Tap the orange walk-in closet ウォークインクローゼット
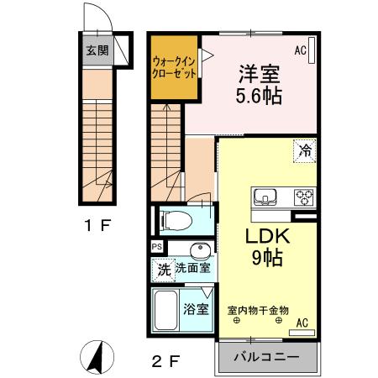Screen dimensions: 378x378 (x=175, y=66)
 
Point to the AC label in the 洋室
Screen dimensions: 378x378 (x=300, y=50)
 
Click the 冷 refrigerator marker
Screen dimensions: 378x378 (x=306, y=151)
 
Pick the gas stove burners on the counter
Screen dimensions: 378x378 (x=302, y=197)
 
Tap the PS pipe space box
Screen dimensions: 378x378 (x=157, y=246)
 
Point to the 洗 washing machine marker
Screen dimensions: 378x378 (x=165, y=269)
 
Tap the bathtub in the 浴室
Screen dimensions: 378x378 (x=166, y=312)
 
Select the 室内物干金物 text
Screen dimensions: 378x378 (x=259, y=309)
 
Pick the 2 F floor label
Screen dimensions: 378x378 (x=166, y=362)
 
